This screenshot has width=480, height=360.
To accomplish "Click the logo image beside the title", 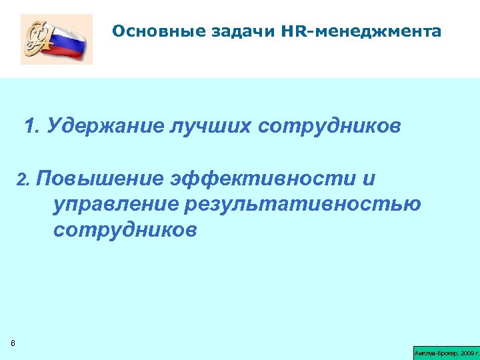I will tap(57, 40).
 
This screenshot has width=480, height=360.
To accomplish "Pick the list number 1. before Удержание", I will tap(31, 127).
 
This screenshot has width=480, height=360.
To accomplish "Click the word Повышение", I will tap(99, 179).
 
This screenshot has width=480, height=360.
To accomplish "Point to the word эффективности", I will tap(263, 179).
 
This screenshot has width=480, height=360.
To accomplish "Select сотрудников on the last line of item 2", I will tap(125, 230).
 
